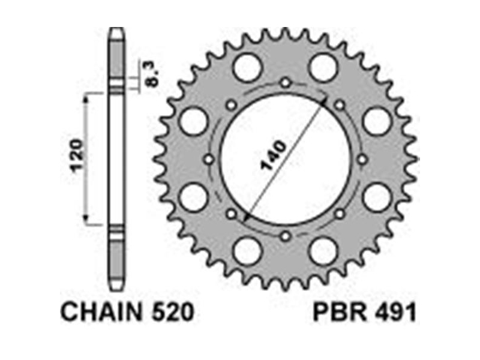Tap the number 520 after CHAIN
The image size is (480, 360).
tap(172, 312)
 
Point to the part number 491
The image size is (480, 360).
tap(395, 312)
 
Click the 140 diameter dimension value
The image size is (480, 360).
tap(272, 155)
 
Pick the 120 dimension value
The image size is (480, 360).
tap(77, 155)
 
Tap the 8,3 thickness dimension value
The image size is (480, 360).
tap(153, 74)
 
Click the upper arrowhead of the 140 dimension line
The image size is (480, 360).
tap(324, 101)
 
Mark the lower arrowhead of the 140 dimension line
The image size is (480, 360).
tap(246, 217)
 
